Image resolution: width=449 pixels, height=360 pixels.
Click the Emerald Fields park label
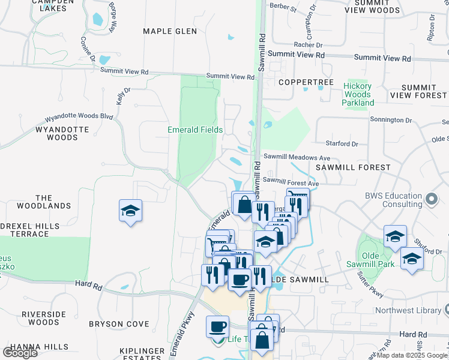tap(195, 130)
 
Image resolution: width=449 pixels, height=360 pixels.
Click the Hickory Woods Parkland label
tap(358, 94)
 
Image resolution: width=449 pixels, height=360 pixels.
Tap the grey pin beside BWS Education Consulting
tap(431, 199)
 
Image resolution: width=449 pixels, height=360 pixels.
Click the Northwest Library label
tap(408, 311)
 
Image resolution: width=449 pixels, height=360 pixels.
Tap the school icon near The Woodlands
tap(130, 211)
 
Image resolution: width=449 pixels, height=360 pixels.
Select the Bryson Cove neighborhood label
tap(119, 324)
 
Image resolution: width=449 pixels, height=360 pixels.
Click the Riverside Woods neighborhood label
tap(43, 318)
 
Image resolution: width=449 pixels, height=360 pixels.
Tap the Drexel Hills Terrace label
tap(30, 230)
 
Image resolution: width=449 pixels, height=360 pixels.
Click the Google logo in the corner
tap(20, 352)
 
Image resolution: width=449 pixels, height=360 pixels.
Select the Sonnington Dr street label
tap(391, 121)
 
